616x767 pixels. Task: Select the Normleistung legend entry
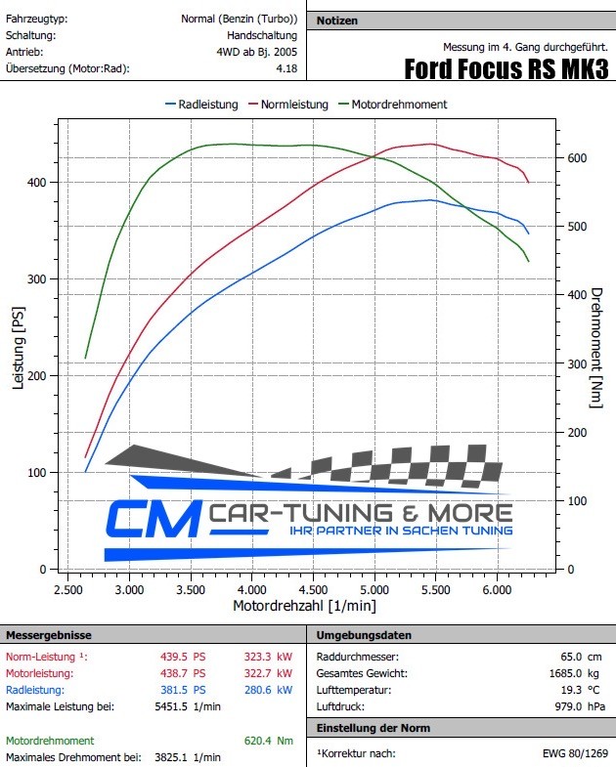tap(294, 105)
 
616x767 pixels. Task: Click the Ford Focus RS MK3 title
tap(506, 69)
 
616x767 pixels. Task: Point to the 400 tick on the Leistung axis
tap(37, 183)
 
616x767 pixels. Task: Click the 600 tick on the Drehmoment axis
tap(578, 158)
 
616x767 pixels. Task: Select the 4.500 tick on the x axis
tap(313, 591)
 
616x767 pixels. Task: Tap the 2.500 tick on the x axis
tap(67, 591)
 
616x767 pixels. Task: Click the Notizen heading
tap(338, 21)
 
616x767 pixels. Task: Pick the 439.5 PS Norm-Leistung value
tap(183, 657)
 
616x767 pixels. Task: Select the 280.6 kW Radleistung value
tap(268, 690)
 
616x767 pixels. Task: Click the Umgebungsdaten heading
tap(358, 635)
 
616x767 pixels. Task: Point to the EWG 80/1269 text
tap(575, 753)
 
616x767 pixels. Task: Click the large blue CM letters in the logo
tap(152, 520)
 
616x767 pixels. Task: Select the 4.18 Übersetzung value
tap(287, 68)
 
